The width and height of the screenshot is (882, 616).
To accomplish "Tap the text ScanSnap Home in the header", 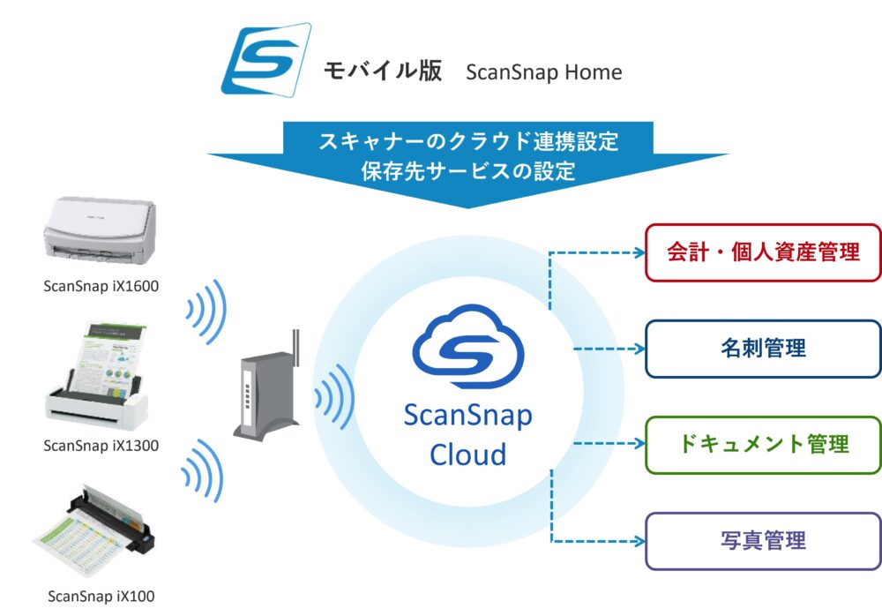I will [543, 71].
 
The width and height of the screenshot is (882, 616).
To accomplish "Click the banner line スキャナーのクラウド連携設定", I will [467, 140].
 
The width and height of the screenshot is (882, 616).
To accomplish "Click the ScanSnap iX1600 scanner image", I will [101, 232].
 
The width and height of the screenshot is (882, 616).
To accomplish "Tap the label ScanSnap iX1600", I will [101, 286].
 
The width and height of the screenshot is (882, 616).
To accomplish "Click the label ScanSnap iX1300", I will [101, 446].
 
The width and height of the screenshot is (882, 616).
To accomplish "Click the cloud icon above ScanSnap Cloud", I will [467, 349].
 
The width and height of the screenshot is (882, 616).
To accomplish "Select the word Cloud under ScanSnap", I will [467, 454].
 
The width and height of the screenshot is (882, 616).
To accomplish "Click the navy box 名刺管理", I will [763, 349].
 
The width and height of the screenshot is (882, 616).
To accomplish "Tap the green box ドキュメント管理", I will [763, 444].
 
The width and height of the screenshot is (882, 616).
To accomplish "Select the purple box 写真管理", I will [763, 539].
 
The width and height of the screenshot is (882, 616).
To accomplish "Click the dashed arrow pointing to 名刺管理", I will [609, 349].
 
